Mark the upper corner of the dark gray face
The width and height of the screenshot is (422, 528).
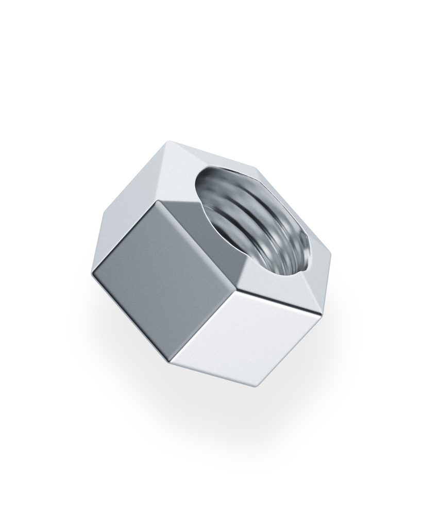(x=160, y=201)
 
